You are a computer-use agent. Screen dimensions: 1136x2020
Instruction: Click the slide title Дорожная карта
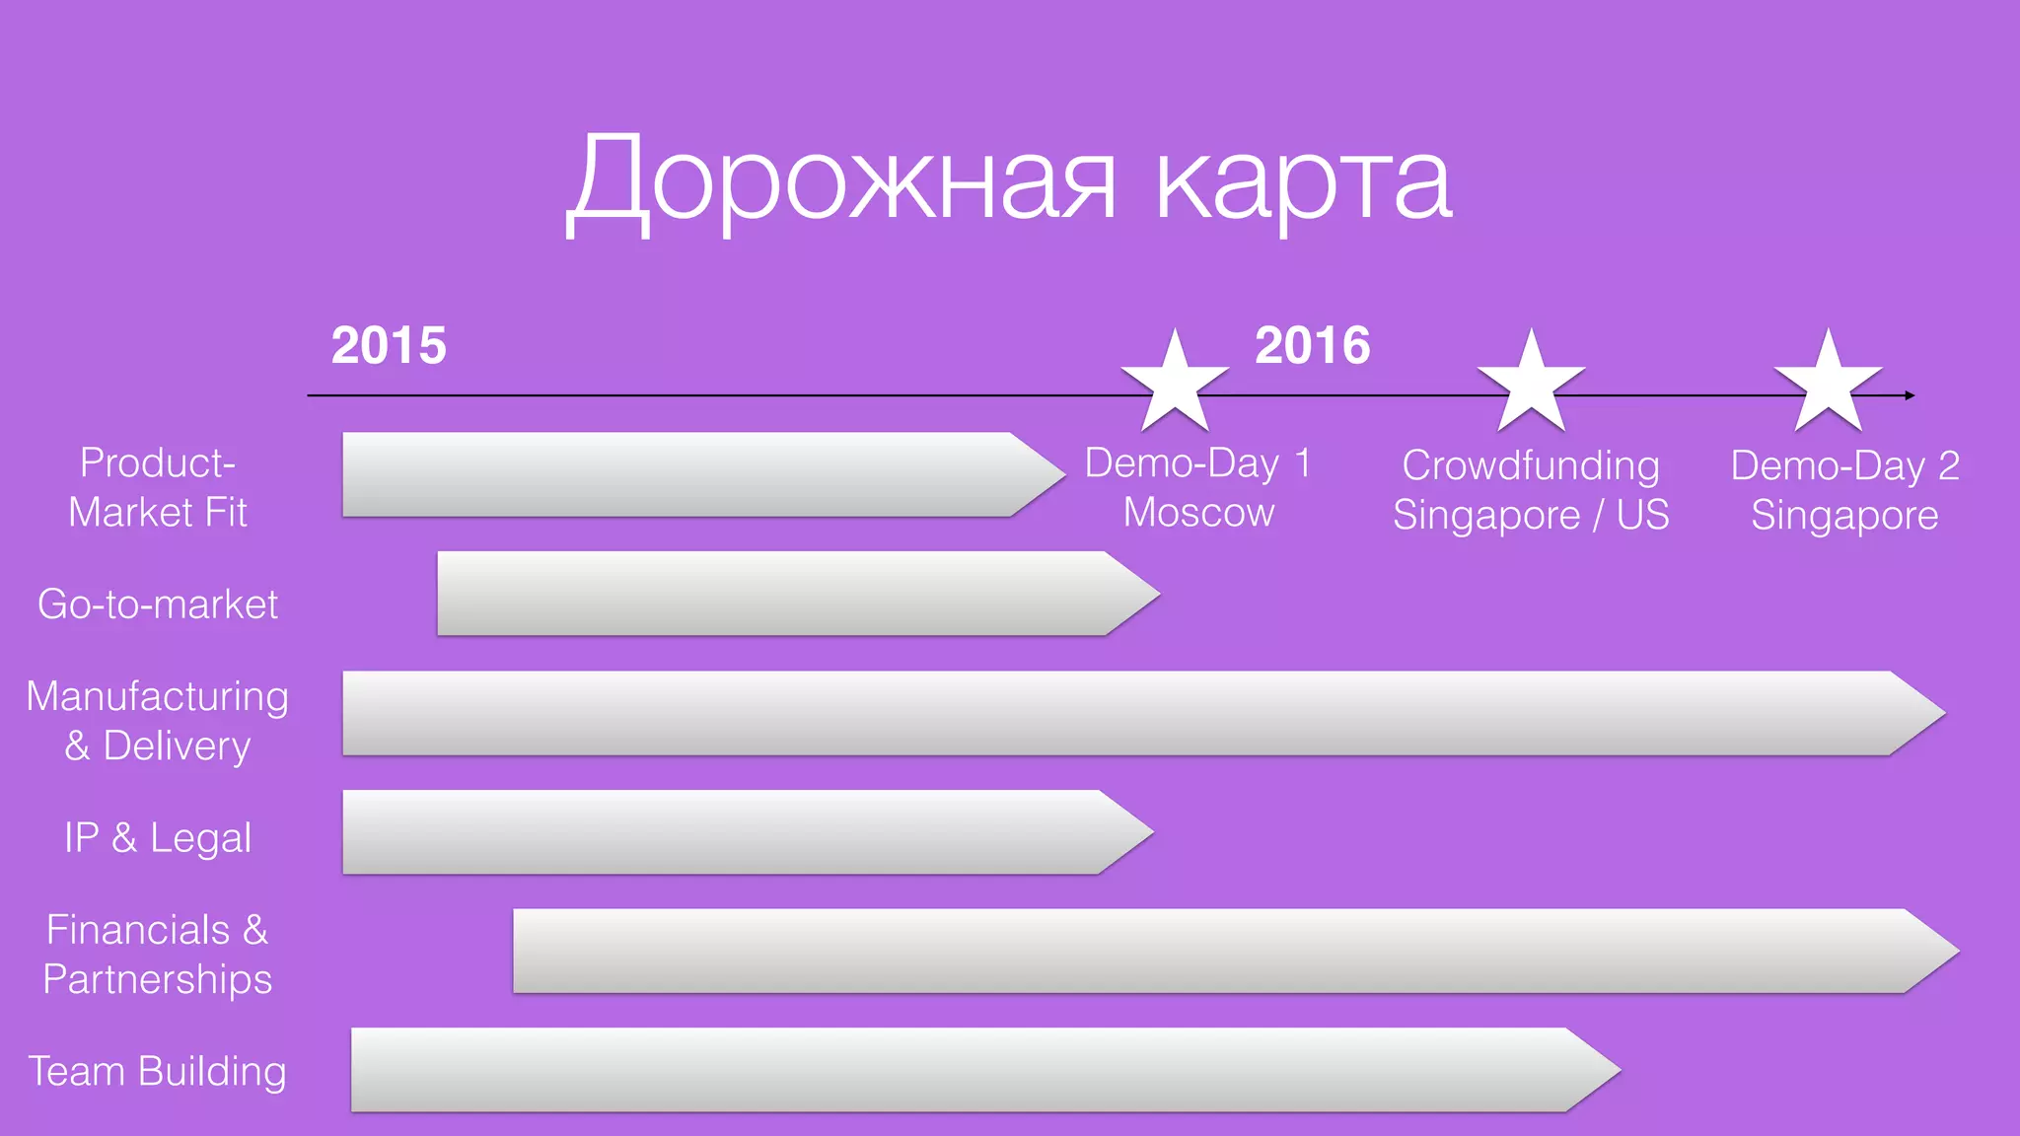(x=1008, y=182)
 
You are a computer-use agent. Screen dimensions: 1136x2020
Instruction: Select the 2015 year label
(x=389, y=345)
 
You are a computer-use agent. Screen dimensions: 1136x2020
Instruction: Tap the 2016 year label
(x=1312, y=345)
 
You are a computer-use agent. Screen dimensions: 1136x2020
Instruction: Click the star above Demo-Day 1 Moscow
(x=1175, y=383)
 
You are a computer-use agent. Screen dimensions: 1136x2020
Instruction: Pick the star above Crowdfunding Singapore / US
(x=1531, y=383)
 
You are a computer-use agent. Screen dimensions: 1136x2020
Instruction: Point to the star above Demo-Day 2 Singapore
(x=1828, y=383)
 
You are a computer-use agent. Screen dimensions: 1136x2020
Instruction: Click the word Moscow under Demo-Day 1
(x=1198, y=513)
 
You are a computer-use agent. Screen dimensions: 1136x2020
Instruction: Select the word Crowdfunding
(x=1531, y=465)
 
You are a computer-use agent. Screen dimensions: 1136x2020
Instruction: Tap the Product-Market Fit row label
(x=158, y=487)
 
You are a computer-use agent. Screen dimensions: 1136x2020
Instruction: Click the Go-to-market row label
(x=158, y=603)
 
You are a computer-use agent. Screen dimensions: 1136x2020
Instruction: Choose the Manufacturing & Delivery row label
(x=158, y=721)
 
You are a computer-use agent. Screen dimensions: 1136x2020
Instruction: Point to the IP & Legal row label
(x=158, y=837)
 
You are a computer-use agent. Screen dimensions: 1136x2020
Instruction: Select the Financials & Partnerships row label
(x=158, y=954)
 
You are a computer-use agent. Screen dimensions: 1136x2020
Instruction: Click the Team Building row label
(x=158, y=1071)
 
